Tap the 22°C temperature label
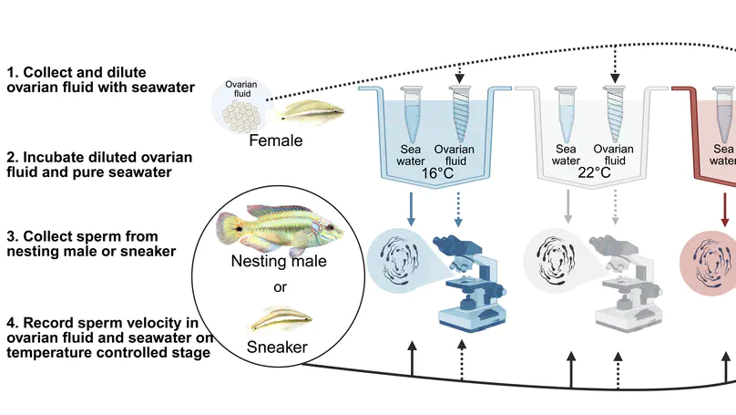pyautogui.click(x=593, y=170)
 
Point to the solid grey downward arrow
pyautogui.click(x=568, y=204)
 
